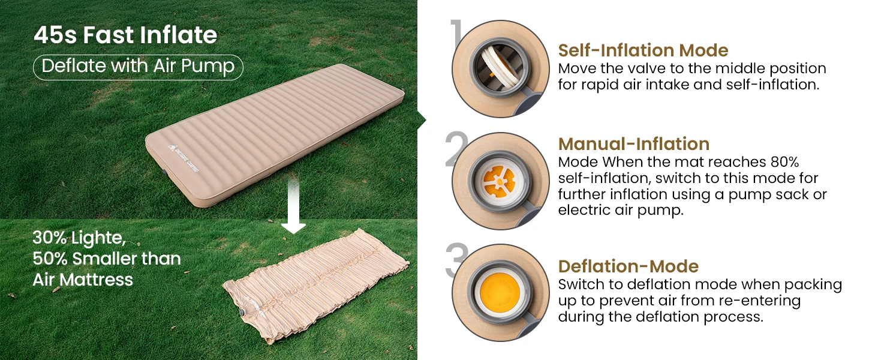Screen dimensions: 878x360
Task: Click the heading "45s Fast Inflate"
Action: (x=125, y=35)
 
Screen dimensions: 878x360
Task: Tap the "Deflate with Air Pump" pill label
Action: (x=138, y=67)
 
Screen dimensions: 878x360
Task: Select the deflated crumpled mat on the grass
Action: (x=315, y=285)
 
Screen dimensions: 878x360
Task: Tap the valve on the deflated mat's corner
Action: (x=242, y=313)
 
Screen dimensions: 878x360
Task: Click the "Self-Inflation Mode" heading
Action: (x=643, y=50)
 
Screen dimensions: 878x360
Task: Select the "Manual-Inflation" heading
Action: (x=634, y=144)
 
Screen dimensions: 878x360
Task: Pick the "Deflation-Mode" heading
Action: (x=629, y=266)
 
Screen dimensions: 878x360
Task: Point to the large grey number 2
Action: (x=456, y=149)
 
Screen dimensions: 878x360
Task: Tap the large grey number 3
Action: (x=456, y=260)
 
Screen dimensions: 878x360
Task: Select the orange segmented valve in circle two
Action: (x=499, y=182)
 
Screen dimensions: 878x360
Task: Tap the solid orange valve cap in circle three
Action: (x=500, y=292)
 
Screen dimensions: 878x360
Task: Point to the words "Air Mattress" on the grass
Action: (x=83, y=280)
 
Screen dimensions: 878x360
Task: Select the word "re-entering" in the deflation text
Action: (x=756, y=301)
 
